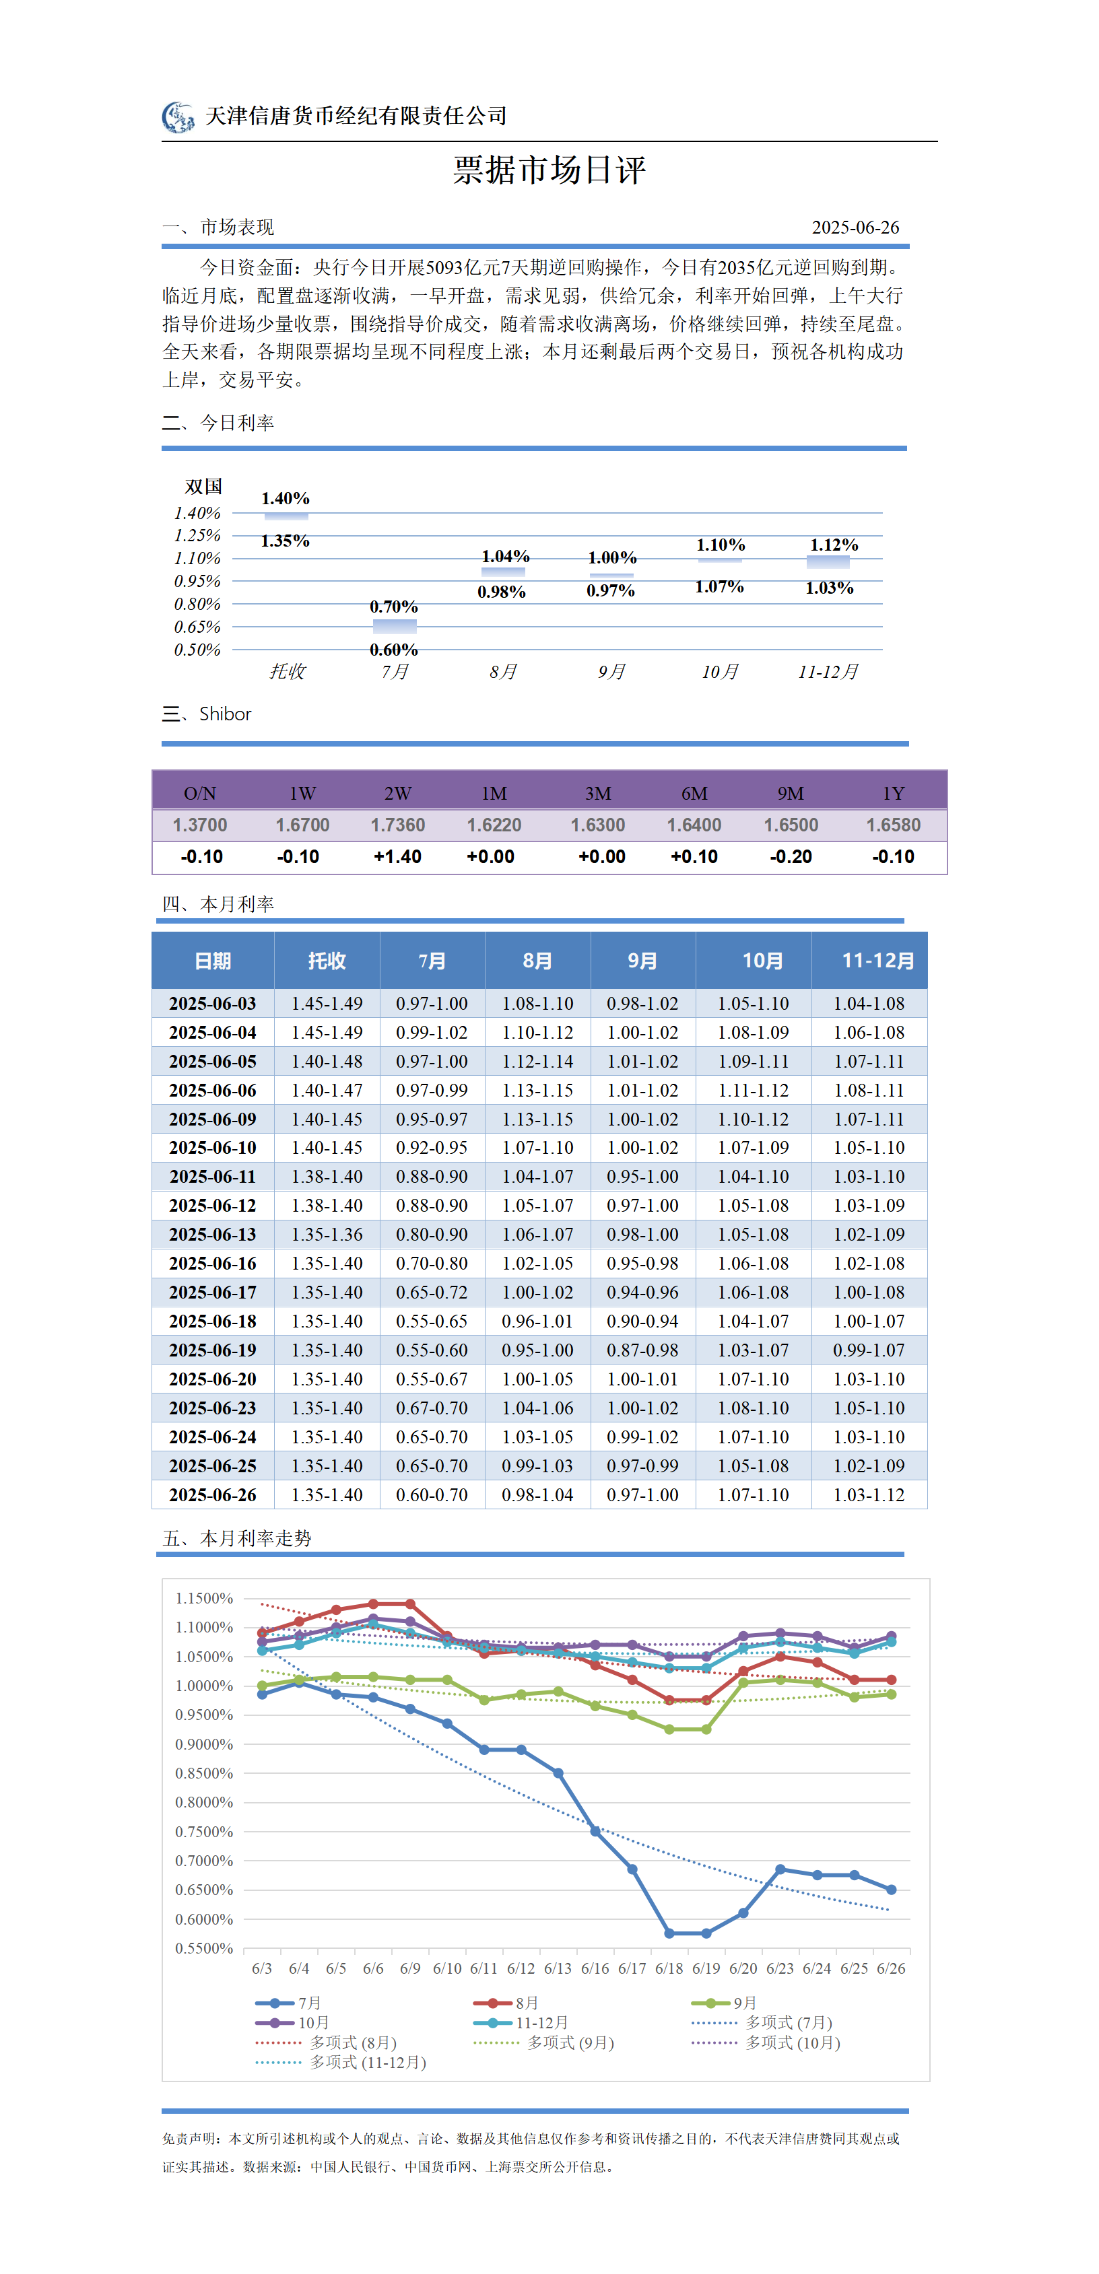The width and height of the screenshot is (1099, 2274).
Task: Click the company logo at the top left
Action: point(178,116)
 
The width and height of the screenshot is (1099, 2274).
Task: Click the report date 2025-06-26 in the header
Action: point(855,228)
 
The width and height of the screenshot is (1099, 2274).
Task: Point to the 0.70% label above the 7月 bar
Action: point(394,607)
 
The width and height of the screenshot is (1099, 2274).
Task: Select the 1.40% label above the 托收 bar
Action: point(285,499)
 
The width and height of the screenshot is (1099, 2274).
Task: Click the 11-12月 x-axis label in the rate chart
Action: point(828,672)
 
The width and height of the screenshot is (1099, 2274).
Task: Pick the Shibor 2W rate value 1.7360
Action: point(397,825)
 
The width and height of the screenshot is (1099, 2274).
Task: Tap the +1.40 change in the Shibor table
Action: point(397,857)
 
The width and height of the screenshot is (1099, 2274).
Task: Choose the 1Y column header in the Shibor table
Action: point(894,794)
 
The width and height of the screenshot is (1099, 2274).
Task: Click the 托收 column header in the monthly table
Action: point(327,961)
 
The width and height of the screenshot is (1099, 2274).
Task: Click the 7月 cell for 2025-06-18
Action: point(432,1321)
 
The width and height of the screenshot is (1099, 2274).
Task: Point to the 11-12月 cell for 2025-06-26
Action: point(869,1495)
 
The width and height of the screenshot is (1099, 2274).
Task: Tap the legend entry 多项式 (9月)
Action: point(543,2042)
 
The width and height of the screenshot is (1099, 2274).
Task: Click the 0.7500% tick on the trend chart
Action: point(204,1832)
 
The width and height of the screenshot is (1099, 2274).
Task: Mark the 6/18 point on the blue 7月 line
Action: point(669,1933)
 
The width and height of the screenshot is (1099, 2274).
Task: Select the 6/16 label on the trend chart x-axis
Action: point(595,1968)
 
